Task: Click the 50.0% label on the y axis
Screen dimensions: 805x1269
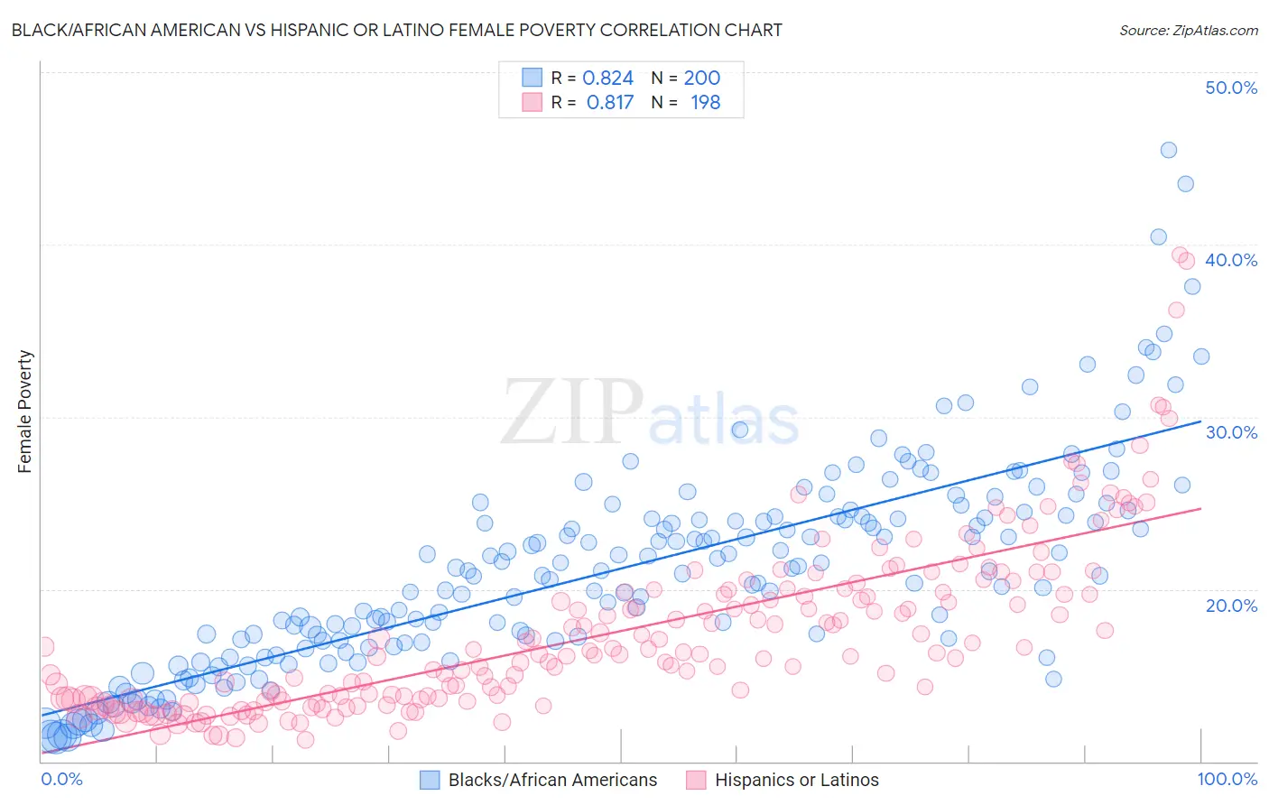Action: coord(1231,88)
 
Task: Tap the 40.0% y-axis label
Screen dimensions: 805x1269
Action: coord(1231,260)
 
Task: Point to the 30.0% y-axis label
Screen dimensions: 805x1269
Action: coord(1231,432)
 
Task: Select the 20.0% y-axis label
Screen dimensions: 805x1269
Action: coord(1231,605)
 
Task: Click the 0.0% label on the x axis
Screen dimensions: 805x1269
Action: coord(61,779)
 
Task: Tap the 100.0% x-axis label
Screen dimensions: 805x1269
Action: coord(1227,779)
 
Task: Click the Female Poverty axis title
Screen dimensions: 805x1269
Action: coord(25,412)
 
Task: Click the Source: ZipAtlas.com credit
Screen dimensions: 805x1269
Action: coord(1188,30)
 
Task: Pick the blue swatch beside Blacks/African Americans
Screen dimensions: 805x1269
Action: coord(430,780)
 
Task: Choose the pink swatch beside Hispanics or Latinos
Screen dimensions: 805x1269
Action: coord(696,780)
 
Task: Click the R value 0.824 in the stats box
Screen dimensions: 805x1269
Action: coord(607,78)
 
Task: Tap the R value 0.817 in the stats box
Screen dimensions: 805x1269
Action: coord(609,102)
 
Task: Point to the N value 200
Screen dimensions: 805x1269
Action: coord(701,78)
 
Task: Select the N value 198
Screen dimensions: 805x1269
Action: coord(705,102)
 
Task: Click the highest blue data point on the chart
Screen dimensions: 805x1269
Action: coord(1168,150)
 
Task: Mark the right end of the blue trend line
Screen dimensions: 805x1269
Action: coord(1200,421)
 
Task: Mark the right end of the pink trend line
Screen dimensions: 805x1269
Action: coord(1200,508)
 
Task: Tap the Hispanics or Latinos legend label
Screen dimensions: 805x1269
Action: coord(796,780)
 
